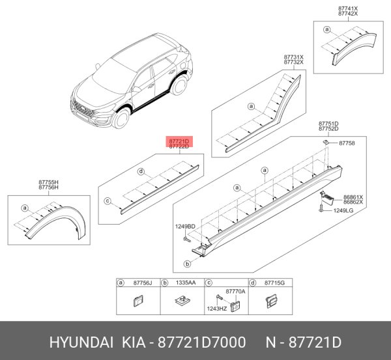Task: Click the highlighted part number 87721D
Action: tap(179, 141)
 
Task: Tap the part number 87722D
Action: tap(179, 147)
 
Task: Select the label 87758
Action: tap(347, 143)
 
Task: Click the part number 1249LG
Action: tap(343, 210)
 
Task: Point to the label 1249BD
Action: tap(184, 227)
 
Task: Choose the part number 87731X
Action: tap(293, 57)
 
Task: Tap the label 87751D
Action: tap(328, 123)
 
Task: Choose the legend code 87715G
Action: tap(274, 283)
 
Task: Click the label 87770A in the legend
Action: tap(235, 291)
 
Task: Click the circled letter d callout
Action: tap(140, 171)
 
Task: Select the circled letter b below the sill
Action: tap(188, 264)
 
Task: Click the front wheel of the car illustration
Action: tap(121, 120)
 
